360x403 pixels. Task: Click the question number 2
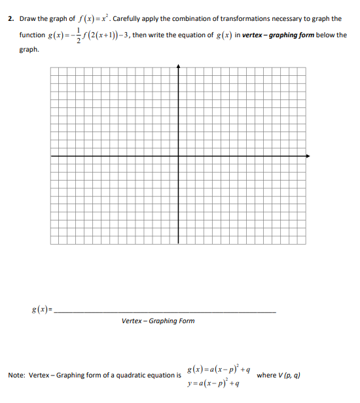tap(10, 18)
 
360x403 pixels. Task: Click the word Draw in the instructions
tap(27, 18)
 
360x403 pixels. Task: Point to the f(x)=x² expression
tap(87, 18)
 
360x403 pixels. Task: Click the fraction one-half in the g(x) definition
tap(80, 35)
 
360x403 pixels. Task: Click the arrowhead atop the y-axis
tap(179, 65)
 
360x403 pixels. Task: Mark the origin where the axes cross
tap(179, 156)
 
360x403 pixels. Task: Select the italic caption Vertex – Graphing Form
tap(158, 321)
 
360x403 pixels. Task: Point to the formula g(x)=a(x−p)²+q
tap(219, 370)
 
